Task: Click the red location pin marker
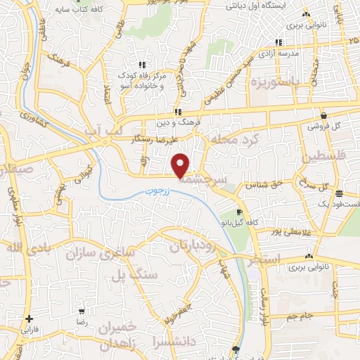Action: click(181, 165)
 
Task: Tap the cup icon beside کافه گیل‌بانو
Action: click(240, 212)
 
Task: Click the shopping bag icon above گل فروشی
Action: click(323, 116)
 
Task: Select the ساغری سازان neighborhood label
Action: click(100, 253)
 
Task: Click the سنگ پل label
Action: click(133, 275)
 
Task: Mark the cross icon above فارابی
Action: click(28, 318)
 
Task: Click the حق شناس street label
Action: click(261, 185)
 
